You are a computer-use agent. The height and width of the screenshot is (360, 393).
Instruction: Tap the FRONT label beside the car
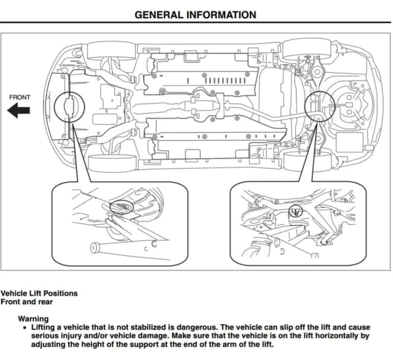(x=20, y=97)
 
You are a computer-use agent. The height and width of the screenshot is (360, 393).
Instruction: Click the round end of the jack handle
(x=95, y=248)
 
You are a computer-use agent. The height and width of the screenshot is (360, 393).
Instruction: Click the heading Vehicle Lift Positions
(x=39, y=293)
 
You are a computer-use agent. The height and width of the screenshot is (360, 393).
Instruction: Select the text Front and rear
(x=26, y=301)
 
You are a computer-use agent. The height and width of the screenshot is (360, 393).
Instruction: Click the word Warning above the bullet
(x=33, y=318)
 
